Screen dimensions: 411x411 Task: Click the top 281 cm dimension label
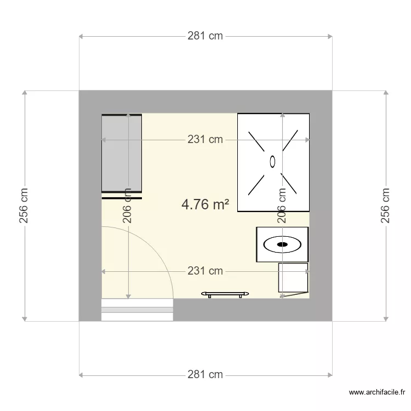click(205, 36)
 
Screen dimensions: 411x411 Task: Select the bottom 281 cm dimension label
click(205, 375)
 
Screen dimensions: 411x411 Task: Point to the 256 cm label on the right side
click(386, 206)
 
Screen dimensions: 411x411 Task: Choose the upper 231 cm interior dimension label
click(205, 140)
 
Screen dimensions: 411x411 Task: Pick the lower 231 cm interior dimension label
click(205, 271)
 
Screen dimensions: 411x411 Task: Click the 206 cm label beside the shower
click(282, 206)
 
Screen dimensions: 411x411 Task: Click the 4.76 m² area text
click(205, 204)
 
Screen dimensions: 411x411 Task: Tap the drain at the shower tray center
click(273, 161)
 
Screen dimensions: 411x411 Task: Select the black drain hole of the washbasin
click(283, 244)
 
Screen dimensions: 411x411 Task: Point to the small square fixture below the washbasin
click(293, 278)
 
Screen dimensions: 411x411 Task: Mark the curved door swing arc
click(159, 252)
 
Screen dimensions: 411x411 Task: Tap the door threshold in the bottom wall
click(138, 310)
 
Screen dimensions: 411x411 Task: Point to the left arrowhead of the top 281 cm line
click(81, 37)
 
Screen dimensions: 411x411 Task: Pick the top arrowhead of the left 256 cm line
click(24, 93)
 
